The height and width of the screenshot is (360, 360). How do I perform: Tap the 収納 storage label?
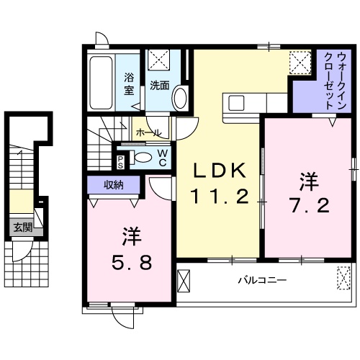[x=112, y=185]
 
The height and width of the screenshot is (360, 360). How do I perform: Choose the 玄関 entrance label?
[x=22, y=228]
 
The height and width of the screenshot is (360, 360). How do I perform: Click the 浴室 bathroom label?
[x=130, y=84]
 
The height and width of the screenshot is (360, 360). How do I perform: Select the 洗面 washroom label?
[x=160, y=85]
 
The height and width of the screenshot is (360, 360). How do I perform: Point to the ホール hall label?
[x=148, y=133]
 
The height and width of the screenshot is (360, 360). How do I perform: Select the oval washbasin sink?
[x=180, y=97]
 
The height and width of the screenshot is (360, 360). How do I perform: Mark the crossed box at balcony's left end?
[x=184, y=279]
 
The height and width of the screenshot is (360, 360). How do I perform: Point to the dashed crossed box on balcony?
[x=343, y=275]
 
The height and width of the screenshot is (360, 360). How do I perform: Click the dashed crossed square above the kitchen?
[x=299, y=61]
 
